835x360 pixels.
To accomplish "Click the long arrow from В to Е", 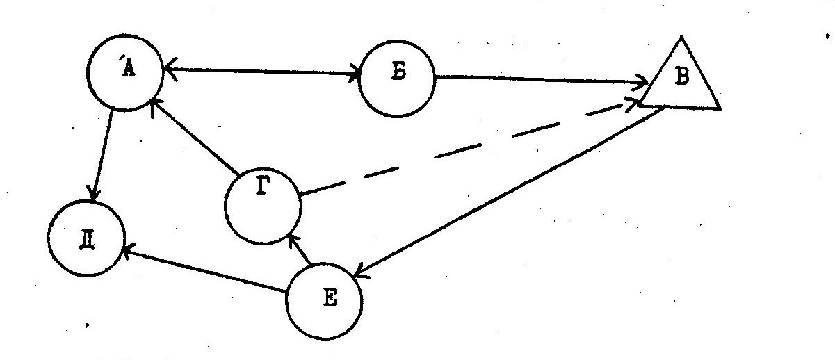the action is click(508, 192).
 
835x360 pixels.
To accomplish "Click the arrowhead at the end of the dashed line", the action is click(631, 103).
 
